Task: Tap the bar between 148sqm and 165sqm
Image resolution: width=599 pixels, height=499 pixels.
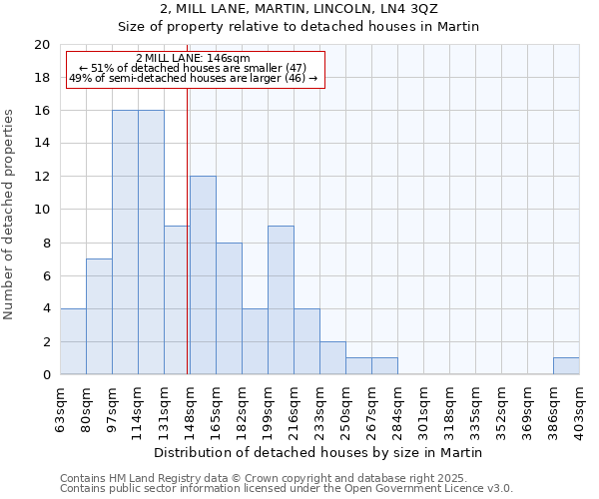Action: (203, 275)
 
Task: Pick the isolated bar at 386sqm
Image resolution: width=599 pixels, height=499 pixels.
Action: (566, 366)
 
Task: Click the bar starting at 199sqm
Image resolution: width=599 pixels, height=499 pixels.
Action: (281, 300)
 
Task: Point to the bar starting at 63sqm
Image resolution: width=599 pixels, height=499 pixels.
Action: (73, 341)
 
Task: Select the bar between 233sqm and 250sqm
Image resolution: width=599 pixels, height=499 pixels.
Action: (332, 358)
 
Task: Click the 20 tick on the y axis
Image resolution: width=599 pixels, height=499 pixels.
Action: (42, 45)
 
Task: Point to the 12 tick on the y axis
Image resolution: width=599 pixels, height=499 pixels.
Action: (42, 177)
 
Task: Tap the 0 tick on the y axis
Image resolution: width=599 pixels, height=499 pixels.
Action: (46, 375)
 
